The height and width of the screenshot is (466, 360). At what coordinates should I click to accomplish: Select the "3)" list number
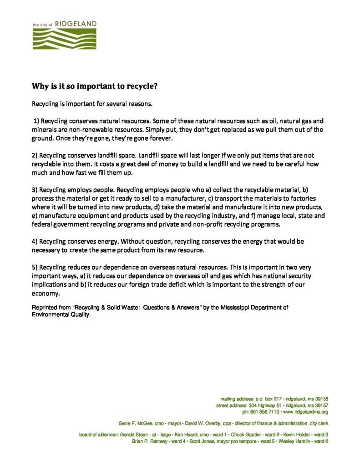[35, 189]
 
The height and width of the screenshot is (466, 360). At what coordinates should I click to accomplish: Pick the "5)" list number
[35, 267]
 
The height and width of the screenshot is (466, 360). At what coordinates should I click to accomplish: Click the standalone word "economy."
[43, 294]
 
